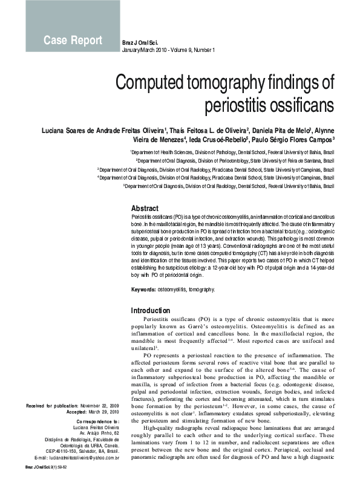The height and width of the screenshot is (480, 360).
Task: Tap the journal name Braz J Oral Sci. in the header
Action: point(141,42)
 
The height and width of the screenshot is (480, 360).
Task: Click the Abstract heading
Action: point(145,207)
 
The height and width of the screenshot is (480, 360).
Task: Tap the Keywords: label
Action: point(143,290)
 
